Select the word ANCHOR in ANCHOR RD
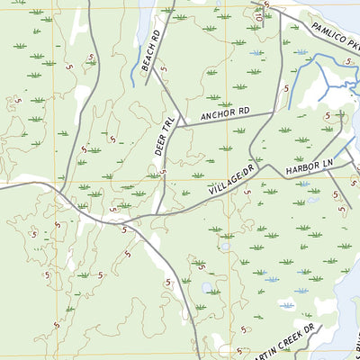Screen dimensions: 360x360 coord(216,116)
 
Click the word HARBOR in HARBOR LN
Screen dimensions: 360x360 coord(297,168)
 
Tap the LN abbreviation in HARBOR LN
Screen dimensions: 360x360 coord(326,160)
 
